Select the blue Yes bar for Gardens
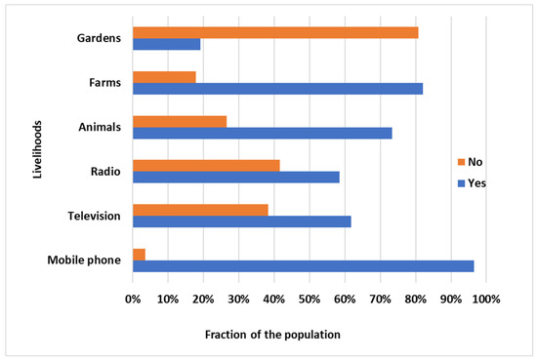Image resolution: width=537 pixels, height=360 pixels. click(x=166, y=44)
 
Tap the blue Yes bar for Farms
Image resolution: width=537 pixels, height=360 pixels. click(x=277, y=88)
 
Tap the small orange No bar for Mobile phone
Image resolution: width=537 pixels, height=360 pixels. click(x=139, y=254)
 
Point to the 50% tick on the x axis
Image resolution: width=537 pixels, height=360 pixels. click(x=310, y=297)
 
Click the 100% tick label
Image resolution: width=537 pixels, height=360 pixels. click(x=486, y=297)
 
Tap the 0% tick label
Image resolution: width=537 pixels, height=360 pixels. click(x=133, y=297)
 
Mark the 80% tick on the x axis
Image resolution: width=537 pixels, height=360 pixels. click(x=416, y=297)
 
